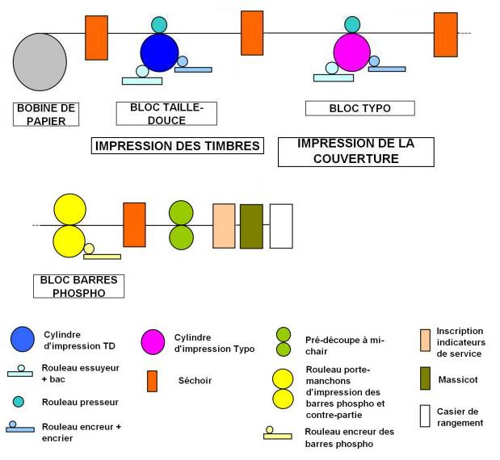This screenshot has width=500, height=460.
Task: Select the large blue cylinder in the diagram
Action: tap(159, 52)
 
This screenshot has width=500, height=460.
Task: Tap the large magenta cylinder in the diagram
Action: tap(351, 52)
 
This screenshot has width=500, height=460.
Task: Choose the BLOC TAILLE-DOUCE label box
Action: tap(166, 114)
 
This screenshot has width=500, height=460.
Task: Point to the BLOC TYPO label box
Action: tap(359, 108)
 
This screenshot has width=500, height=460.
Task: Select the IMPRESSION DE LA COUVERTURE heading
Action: tap(355, 152)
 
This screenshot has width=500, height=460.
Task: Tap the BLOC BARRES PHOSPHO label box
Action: tap(79, 286)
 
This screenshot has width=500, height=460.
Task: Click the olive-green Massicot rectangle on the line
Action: tap(251, 225)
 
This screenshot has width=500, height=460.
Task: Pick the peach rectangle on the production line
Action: tap(224, 225)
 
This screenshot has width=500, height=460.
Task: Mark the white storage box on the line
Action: tap(280, 225)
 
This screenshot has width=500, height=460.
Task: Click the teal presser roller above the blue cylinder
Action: tap(159, 24)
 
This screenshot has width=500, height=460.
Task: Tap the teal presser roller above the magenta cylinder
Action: tap(352, 24)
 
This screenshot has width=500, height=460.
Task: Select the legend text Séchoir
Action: tap(195, 380)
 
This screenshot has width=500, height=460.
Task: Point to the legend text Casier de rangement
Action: tap(460, 417)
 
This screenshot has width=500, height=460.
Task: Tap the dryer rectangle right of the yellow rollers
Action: tap(134, 224)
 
